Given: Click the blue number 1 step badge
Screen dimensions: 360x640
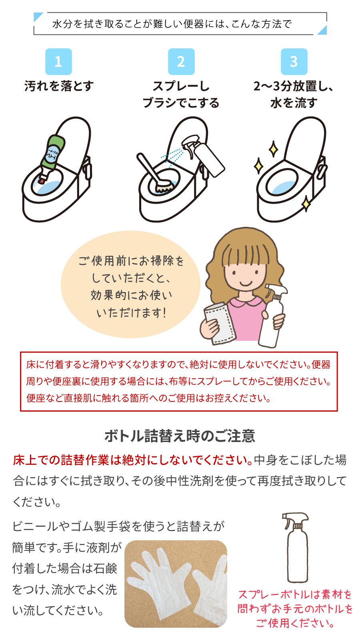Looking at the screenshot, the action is pos(58,62).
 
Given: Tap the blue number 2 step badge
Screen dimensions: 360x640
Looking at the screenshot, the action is pos(181,62).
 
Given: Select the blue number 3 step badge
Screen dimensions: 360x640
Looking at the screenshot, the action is pos(294,62).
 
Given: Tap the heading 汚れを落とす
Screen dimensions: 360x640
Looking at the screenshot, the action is pos(59,86).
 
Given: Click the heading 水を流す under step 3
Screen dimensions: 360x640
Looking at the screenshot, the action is pos(294,103).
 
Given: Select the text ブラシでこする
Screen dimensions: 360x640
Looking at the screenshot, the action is pos(181,103).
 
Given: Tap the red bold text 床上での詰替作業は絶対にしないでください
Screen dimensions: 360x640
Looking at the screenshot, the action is pos(132,460).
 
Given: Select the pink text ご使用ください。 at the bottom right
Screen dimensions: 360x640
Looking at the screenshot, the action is pos(295,623).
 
